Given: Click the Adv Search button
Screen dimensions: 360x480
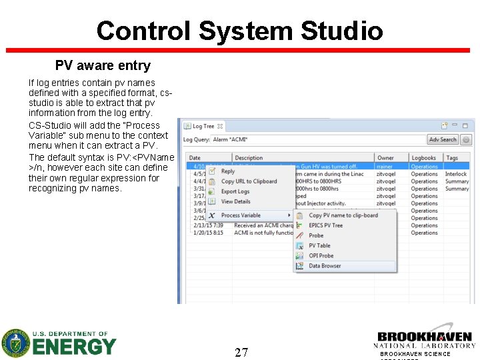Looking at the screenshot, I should pyautogui.click(x=443, y=139).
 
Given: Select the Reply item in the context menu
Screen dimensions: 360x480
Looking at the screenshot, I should pyautogui.click(x=228, y=171).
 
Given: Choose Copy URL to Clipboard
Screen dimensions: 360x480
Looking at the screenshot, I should pyautogui.click(x=249, y=181).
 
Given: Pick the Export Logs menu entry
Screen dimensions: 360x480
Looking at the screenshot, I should pyautogui.click(x=235, y=191).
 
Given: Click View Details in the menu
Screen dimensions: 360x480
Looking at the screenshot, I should pyautogui.click(x=235, y=201).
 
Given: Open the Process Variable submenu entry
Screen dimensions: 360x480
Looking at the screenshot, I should pyautogui.click(x=241, y=215).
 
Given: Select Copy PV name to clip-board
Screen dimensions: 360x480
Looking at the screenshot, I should pyautogui.click(x=343, y=215).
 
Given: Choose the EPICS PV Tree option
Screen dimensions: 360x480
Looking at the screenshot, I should pyautogui.click(x=325, y=225).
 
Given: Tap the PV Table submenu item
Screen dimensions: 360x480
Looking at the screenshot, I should pyautogui.click(x=319, y=245).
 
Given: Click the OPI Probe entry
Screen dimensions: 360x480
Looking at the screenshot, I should pyautogui.click(x=321, y=255).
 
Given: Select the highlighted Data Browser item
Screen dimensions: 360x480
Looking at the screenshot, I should pyautogui.click(x=325, y=266).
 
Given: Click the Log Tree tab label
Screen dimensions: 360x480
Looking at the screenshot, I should pyautogui.click(x=203, y=126).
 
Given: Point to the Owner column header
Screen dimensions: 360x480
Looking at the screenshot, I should pyautogui.click(x=385, y=158).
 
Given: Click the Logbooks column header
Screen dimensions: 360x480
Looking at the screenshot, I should pyautogui.click(x=423, y=158).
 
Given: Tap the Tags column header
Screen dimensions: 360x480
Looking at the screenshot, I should pyautogui.click(x=452, y=158).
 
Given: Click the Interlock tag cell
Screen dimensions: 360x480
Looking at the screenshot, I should pyautogui.click(x=456, y=174).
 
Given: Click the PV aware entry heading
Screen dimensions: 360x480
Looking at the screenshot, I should pyautogui.click(x=103, y=65).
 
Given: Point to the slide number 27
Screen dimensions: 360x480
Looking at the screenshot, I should pyautogui.click(x=241, y=352).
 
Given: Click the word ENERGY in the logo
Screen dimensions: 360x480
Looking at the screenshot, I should pyautogui.click(x=75, y=347).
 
